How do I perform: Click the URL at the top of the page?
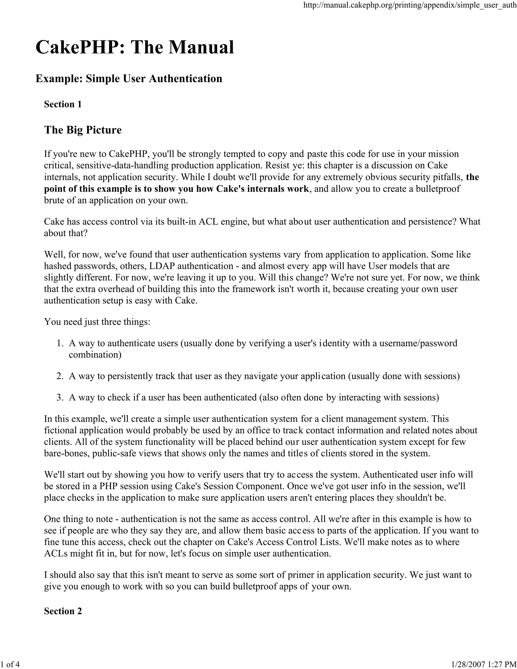click(409, 5)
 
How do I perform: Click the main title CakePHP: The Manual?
click(135, 47)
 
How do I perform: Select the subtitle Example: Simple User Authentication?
click(129, 79)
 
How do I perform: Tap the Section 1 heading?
click(63, 105)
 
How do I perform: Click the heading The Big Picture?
click(83, 130)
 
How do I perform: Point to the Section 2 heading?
click(63, 611)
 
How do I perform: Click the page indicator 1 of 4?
click(10, 664)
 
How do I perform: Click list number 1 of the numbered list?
click(60, 343)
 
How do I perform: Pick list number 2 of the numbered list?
click(60, 376)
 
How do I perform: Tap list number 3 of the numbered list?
click(60, 398)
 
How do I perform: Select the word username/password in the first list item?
click(418, 343)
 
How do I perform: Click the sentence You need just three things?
click(97, 322)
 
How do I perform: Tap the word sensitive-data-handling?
click(122, 166)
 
